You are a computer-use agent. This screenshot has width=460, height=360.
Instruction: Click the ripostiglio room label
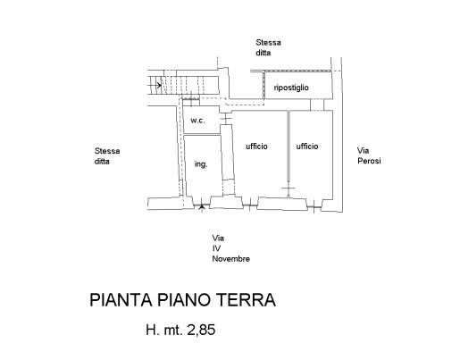click(291, 88)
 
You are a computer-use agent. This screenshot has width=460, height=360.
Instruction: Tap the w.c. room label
click(198, 121)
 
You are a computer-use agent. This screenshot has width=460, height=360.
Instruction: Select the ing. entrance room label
click(201, 164)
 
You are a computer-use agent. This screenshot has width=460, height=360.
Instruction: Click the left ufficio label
click(256, 147)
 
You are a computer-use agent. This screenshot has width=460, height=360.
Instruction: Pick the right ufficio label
click(307, 147)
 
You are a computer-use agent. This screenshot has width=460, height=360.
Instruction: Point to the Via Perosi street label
click(369, 155)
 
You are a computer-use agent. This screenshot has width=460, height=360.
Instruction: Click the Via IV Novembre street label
click(230, 248)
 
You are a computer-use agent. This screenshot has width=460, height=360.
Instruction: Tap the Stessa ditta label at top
click(268, 47)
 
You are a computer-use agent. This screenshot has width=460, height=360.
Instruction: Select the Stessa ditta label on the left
click(107, 156)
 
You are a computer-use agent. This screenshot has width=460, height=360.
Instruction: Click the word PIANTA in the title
click(121, 300)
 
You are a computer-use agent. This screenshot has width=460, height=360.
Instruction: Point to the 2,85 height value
click(201, 330)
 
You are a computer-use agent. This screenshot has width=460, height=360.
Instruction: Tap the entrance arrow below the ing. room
click(202, 207)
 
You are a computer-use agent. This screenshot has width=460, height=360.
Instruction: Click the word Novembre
click(230, 259)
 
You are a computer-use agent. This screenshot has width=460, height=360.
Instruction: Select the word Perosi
click(369, 161)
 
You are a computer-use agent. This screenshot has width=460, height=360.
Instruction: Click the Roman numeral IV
click(216, 248)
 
